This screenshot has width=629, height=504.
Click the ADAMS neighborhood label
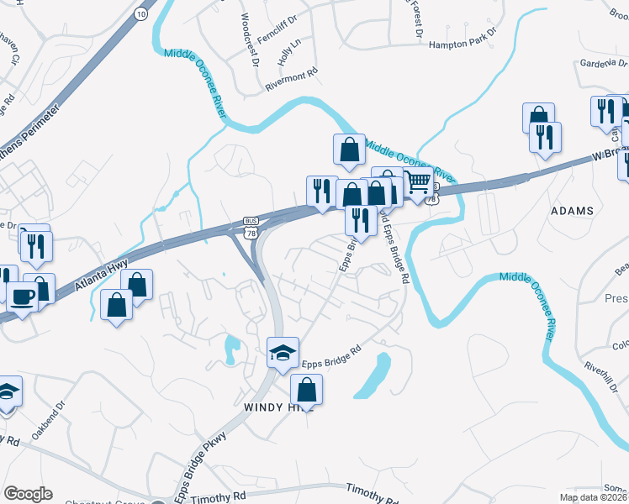[573, 211]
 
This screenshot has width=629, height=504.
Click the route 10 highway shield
[140, 15]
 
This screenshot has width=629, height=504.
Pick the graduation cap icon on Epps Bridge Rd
[283, 352]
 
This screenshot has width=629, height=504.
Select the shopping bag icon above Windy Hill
[307, 390]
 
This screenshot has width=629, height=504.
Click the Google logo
[29, 494]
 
